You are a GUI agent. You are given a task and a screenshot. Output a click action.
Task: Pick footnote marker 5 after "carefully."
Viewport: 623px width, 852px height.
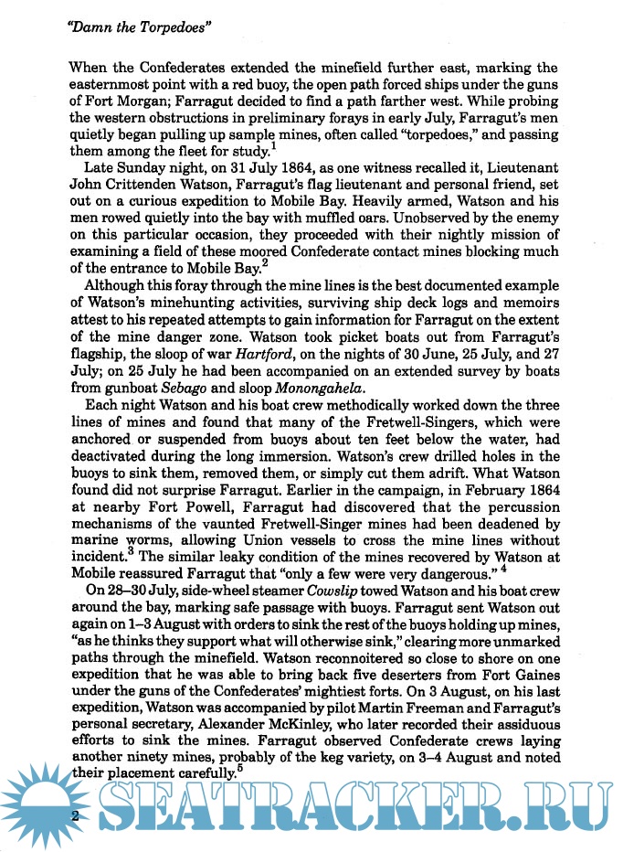(x=239, y=769)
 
